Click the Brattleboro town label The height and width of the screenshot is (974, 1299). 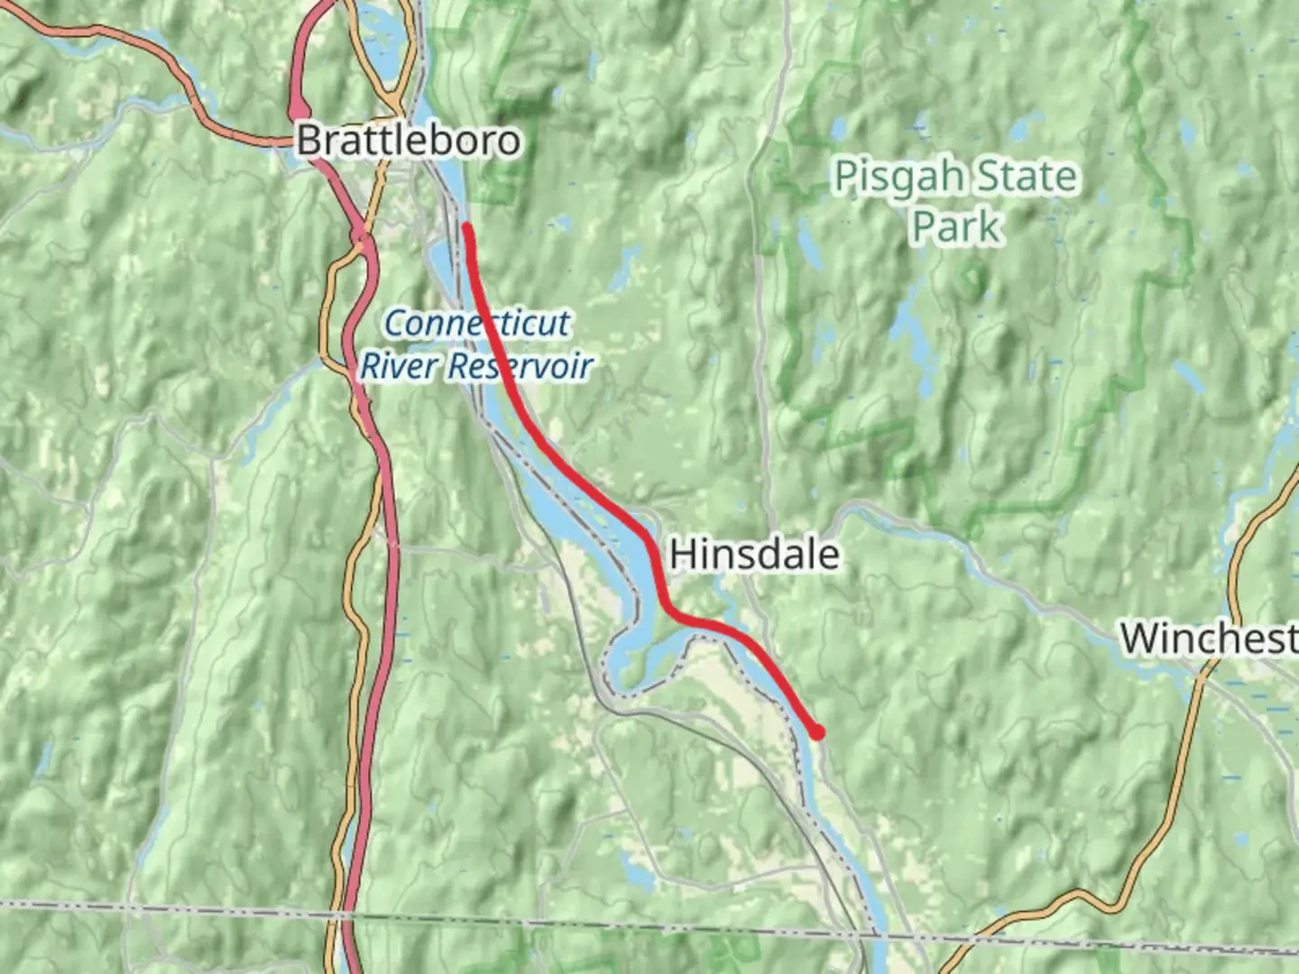[409, 141]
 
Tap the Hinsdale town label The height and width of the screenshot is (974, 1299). [754, 554]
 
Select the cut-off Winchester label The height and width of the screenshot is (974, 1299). [1209, 639]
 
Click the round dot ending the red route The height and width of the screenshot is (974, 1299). [817, 732]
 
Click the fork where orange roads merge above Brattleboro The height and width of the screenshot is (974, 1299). [394, 95]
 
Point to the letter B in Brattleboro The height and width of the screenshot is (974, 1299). [309, 141]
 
